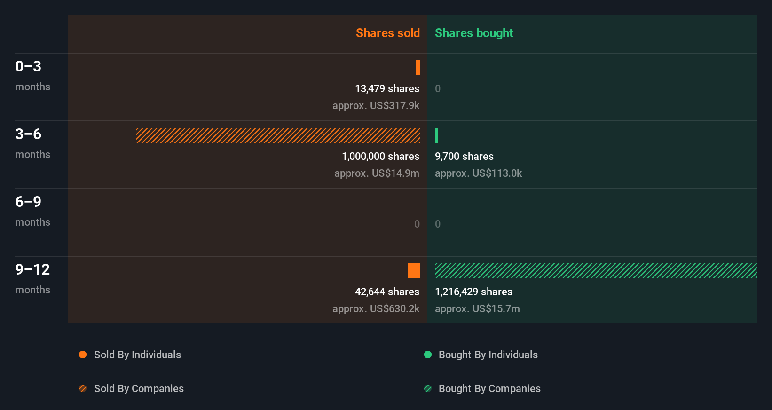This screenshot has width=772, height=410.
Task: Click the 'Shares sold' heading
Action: pos(387,33)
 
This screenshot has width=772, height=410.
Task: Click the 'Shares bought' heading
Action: pos(473,33)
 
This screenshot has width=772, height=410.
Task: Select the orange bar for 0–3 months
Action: pos(418,68)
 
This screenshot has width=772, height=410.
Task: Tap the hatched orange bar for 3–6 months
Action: pos(278,135)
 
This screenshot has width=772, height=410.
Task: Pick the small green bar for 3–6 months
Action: pos(436,135)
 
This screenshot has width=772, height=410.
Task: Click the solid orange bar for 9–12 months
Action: pos(414,271)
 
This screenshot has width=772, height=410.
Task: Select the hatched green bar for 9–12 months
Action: pos(596,271)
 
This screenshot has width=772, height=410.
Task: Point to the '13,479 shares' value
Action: pos(387,88)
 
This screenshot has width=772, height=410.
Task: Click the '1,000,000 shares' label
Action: pos(380,156)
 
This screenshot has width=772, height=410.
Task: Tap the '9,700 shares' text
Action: pos(464,156)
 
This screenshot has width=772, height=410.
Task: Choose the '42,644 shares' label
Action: pos(387,292)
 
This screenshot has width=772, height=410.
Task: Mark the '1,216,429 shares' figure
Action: pos(473,292)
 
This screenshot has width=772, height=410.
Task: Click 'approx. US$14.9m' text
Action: pos(377,173)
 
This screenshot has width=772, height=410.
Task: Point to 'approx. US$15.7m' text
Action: pos(477,308)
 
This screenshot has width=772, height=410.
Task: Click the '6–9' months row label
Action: pos(28,202)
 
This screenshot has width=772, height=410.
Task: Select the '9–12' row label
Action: pos(32,269)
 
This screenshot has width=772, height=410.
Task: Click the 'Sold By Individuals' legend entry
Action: pos(137,355)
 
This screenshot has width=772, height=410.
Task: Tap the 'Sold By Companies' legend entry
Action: pos(138,388)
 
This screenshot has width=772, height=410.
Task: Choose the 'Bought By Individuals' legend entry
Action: pos(488,355)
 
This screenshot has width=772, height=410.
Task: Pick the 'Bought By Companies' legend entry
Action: pos(489,388)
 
